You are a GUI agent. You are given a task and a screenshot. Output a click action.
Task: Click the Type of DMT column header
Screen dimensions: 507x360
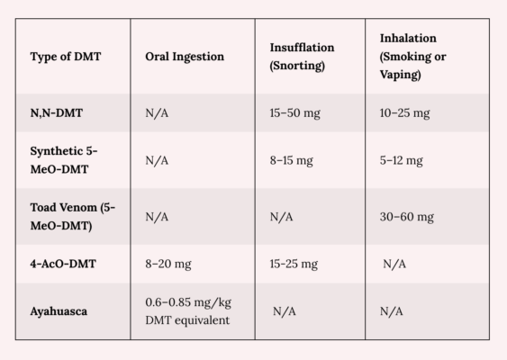coord(66,57)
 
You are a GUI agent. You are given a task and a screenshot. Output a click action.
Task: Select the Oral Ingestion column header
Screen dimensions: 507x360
coord(185,57)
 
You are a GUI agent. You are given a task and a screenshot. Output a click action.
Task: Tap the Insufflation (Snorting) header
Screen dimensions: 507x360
coord(302,57)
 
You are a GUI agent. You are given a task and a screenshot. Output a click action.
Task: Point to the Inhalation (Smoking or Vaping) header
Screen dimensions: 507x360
coord(413,57)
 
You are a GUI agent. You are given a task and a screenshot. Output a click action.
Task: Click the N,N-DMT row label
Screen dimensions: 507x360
coord(57,113)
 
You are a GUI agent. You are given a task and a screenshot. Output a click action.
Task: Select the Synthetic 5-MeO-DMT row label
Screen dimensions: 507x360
coord(64,160)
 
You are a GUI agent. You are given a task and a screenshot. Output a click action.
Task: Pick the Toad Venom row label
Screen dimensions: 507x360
coord(72,217)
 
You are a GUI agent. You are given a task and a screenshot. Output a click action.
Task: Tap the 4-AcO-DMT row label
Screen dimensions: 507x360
coord(63,264)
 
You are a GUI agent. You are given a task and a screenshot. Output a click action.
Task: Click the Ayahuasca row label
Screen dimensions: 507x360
coord(59,311)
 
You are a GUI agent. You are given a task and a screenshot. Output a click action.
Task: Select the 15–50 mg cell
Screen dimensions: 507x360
coord(294,113)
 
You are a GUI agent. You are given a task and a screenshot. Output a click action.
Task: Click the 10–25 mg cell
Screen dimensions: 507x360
coord(405,113)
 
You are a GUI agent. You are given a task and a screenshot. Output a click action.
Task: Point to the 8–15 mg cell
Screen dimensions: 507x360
coord(292,160)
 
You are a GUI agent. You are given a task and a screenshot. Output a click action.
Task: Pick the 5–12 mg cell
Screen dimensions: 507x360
coord(402,160)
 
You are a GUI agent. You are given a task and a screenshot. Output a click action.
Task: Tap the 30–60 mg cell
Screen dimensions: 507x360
coord(407,217)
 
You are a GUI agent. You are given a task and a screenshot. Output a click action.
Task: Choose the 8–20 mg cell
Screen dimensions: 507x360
coord(168,264)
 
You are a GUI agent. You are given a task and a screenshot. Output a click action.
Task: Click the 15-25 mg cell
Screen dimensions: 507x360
coord(294,264)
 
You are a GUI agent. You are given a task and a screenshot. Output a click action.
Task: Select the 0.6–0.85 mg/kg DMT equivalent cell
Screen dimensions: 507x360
coord(188,311)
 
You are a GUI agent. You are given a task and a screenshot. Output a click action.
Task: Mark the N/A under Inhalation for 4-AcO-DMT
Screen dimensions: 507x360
coord(394,264)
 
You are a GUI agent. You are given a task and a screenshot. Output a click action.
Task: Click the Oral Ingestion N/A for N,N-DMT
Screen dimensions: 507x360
coord(157,113)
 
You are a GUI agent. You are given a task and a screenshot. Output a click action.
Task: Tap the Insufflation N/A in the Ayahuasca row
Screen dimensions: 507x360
coord(285,311)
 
